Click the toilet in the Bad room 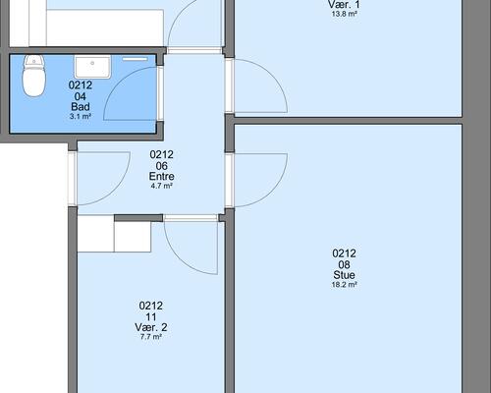(33, 76)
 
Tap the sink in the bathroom (92, 67)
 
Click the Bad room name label (81, 107)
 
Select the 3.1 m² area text (81, 116)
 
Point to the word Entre (161, 177)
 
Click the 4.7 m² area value (161, 186)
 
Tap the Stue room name (344, 275)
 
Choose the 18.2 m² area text (344, 285)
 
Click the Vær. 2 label (151, 327)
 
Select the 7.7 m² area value (151, 337)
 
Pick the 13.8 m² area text (344, 14)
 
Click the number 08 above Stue (344, 264)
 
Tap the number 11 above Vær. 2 (151, 316)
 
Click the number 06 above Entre (161, 166)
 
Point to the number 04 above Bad (81, 96)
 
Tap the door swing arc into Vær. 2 (180, 258)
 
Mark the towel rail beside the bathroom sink (136, 59)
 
